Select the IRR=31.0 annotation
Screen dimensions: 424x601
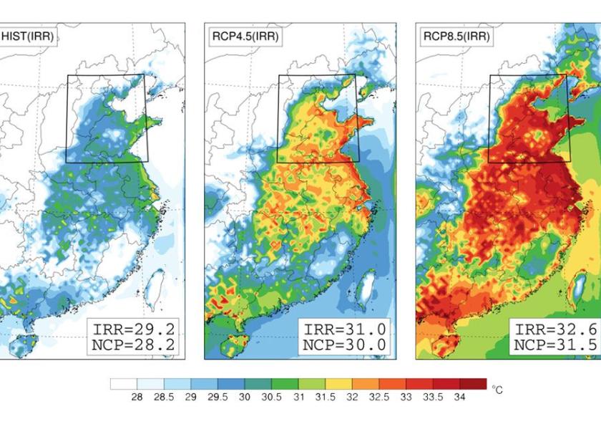point(346,329)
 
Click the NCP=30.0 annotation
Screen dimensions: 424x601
point(346,345)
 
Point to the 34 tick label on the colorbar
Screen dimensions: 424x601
point(460,397)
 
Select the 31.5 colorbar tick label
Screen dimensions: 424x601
point(326,397)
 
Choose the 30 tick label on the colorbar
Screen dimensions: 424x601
point(245,397)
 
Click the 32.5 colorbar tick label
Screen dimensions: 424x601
point(379,397)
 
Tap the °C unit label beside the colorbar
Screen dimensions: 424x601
point(498,390)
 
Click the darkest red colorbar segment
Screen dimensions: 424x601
point(473,384)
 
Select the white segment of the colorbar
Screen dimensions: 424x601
point(124,384)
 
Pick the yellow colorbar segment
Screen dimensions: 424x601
point(338,384)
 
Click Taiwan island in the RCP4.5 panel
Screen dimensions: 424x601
point(364,286)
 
